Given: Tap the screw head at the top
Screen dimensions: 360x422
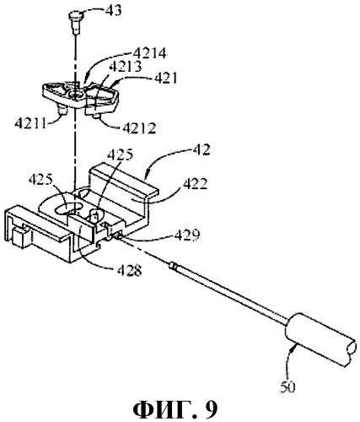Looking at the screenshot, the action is click(74, 14).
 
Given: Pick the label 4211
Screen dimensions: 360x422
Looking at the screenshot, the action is click(30, 123).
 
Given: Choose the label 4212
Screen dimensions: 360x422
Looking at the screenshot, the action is click(139, 128).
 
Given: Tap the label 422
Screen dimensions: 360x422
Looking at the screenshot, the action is click(195, 185).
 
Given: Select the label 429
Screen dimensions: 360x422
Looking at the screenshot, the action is click(187, 235).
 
